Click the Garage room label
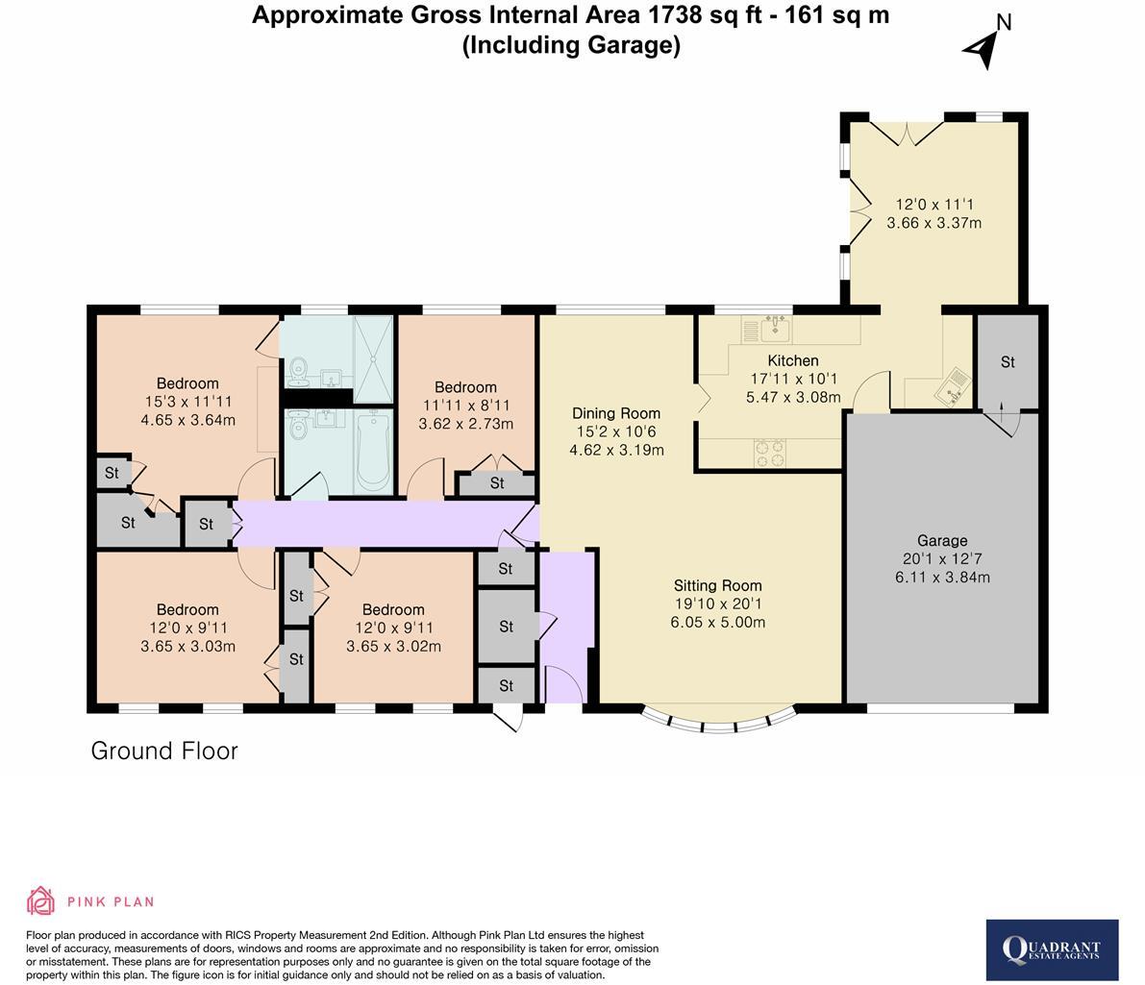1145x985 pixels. click(941, 540)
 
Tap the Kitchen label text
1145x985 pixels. click(792, 360)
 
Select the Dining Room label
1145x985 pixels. click(616, 413)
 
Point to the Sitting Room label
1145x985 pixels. click(717, 585)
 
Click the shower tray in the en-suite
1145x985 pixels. click(373, 357)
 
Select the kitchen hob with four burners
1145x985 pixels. click(770, 453)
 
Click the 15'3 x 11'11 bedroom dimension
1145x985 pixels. click(187, 402)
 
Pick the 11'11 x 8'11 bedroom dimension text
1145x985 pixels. click(465, 406)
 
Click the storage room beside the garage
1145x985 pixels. click(1008, 362)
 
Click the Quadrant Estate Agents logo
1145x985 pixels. click(1052, 950)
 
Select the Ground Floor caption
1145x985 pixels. click(164, 751)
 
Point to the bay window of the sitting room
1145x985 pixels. click(718, 721)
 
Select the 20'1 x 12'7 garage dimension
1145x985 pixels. click(941, 559)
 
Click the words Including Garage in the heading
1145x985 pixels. click(571, 45)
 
